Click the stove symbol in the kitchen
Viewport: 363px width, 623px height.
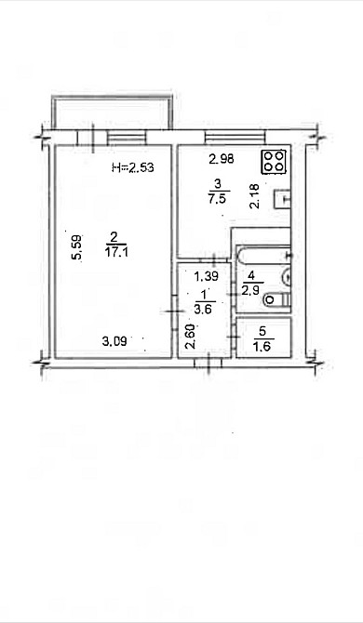274,161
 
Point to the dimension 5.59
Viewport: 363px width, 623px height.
77,248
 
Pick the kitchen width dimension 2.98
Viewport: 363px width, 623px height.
220,157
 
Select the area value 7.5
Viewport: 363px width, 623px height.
216,197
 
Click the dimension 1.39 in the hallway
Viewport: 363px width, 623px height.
205,276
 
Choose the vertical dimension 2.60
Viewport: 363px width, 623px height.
190,334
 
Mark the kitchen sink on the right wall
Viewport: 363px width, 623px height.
284,197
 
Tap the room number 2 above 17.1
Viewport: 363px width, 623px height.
113,236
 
